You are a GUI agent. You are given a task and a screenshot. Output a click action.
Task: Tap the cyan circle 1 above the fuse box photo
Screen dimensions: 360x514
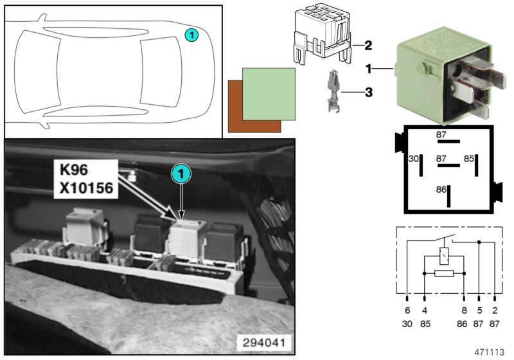coord(181,174)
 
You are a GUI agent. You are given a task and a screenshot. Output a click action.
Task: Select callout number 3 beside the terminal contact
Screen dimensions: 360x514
coord(368,93)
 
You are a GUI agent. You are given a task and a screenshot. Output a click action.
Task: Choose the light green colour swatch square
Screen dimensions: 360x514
coord(269,93)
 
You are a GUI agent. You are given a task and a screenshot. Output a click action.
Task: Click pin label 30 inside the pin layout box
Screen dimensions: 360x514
coord(414,158)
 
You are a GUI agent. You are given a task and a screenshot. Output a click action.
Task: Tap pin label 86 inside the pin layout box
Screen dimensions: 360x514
coord(441,190)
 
